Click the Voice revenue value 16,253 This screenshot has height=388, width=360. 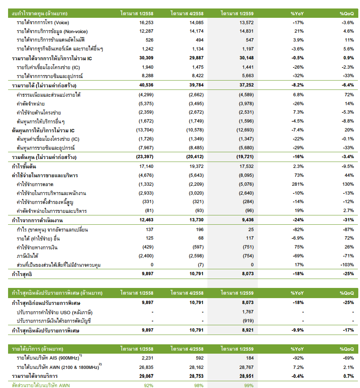[x=146, y=22]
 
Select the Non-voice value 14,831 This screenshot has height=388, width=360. [x=246, y=31]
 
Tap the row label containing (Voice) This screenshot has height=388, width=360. [x=43, y=22]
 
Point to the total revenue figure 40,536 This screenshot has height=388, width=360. [x=146, y=85]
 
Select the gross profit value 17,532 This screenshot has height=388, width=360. [x=246, y=166]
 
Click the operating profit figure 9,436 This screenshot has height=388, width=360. [x=248, y=220]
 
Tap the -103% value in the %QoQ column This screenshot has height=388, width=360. [x=347, y=265]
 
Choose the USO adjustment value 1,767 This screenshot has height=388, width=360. [x=248, y=312]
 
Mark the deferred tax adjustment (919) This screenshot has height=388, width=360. [x=248, y=321]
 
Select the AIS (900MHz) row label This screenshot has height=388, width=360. [x=49, y=357]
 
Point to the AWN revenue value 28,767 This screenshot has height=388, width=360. [x=246, y=367]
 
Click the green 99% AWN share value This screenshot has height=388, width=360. [x=248, y=385]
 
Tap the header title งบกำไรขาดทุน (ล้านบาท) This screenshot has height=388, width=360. [x=39, y=14]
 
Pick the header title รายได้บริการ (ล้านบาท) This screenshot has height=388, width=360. [x=38, y=349]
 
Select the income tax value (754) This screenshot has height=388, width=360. [x=248, y=256]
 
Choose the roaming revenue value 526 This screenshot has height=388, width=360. [x=149, y=40]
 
